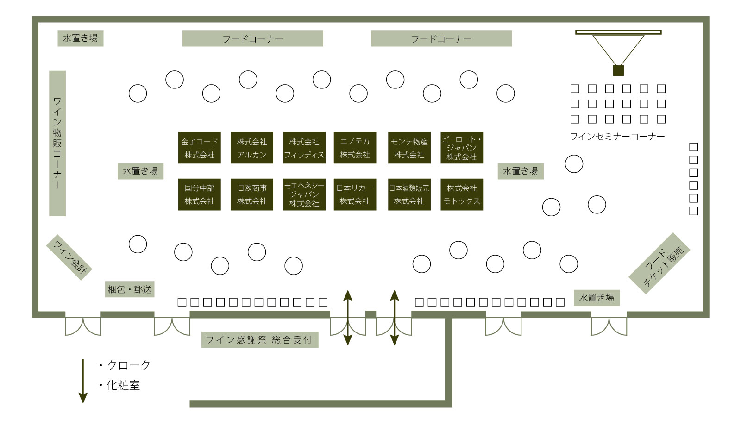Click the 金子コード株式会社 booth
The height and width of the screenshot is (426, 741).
[x=200, y=148]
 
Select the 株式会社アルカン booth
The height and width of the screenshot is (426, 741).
[x=252, y=148]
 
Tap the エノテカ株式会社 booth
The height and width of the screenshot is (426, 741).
[x=355, y=148]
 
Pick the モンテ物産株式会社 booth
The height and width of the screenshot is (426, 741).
[x=409, y=148]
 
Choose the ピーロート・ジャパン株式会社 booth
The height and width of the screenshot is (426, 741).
[x=462, y=148]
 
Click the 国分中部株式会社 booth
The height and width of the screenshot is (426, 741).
[x=200, y=194]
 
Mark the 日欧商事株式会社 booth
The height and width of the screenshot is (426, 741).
[x=252, y=194]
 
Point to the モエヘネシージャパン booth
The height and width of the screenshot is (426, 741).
[x=304, y=194]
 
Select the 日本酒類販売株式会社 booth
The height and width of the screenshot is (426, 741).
[x=409, y=194]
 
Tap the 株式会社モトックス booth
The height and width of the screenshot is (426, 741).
[x=462, y=194]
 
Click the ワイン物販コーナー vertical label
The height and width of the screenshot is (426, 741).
[x=57, y=143]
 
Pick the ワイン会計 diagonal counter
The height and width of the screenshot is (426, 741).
[x=69, y=257]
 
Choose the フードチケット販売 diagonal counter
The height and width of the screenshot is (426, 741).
[x=659, y=263]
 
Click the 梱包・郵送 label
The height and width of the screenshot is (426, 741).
[x=130, y=289]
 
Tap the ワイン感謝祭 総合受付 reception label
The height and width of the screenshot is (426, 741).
[x=260, y=340]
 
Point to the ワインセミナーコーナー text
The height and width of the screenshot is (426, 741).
[x=617, y=137]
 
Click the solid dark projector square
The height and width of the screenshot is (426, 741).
[x=618, y=70]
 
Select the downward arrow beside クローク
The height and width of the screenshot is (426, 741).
[x=83, y=381]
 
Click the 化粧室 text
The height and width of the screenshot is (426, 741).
[x=123, y=385]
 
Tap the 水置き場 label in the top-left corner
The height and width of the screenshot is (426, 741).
[x=81, y=38]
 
